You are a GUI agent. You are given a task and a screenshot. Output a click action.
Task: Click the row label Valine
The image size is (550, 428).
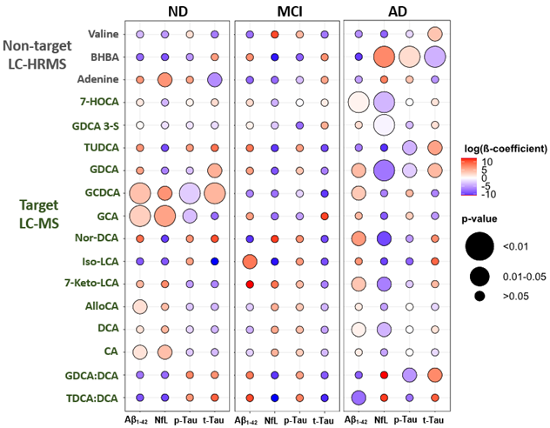pos(104,34)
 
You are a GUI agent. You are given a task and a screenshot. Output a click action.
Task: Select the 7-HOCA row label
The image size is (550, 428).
pos(102,102)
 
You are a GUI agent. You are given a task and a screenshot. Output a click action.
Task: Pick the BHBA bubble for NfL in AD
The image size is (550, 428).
pos(384,57)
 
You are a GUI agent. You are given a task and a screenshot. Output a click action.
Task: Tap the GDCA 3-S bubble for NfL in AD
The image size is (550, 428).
pos(384,125)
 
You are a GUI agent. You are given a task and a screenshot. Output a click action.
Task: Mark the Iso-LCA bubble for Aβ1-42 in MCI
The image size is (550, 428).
pos(249,261)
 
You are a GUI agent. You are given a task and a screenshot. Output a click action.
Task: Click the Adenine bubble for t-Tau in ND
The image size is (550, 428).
pos(215,80)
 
